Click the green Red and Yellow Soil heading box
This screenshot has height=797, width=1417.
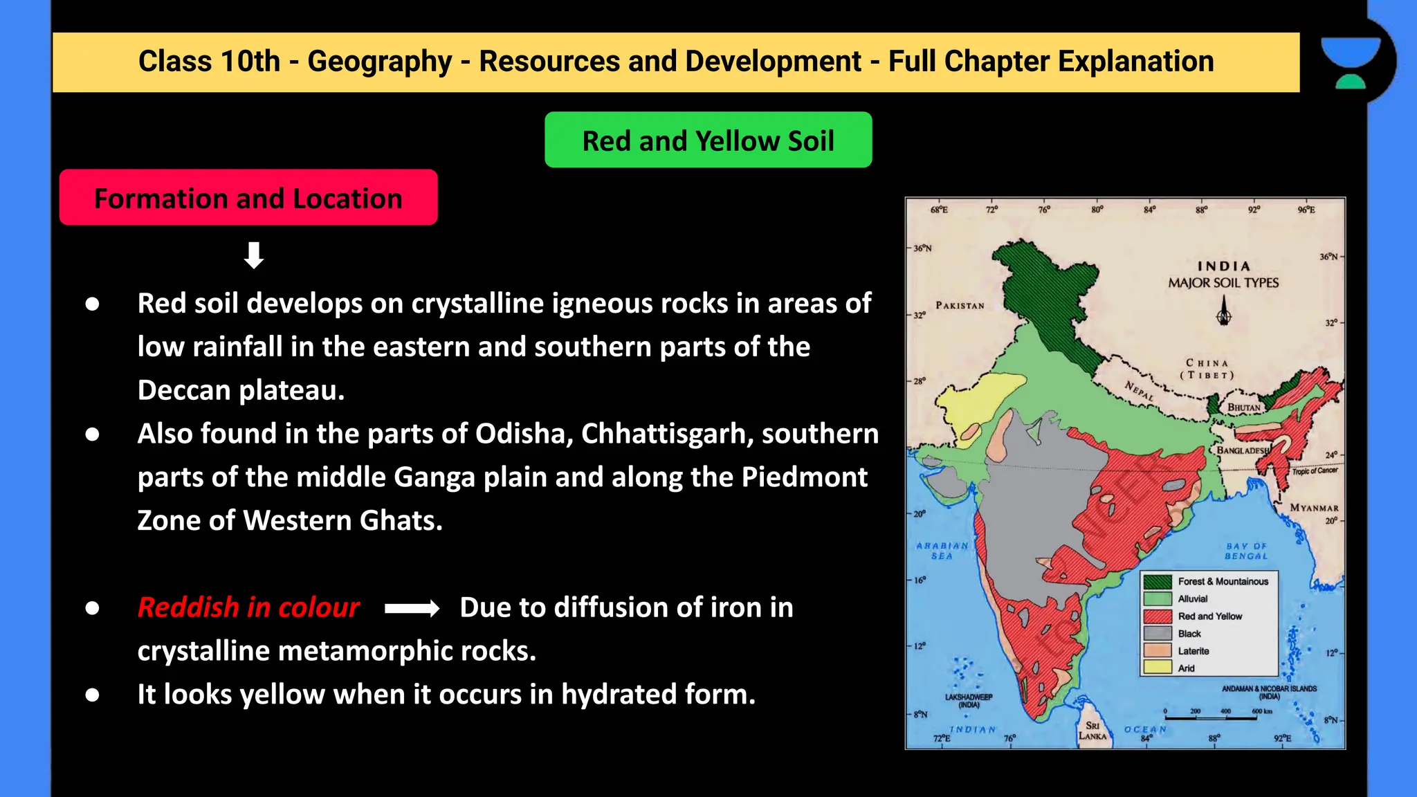tap(708, 140)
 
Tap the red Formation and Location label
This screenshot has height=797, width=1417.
tap(248, 198)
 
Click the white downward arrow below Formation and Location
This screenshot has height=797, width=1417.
tap(254, 255)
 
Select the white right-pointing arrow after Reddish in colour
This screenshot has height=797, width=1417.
tap(412, 608)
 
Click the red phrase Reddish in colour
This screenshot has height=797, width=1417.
tap(248, 607)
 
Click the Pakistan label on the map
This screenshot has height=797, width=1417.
tap(960, 305)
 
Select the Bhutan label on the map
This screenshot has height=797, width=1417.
tap(1244, 407)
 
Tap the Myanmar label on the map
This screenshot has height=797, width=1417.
tap(1314, 508)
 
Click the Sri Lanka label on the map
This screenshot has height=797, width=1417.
tap(1093, 731)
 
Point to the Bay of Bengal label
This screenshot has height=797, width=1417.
tap(1246, 551)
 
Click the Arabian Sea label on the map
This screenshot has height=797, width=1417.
tap(942, 551)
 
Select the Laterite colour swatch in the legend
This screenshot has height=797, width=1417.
tap(1158, 650)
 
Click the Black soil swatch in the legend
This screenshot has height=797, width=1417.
tap(1158, 633)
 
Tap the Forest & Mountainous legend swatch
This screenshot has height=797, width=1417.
tap(1158, 581)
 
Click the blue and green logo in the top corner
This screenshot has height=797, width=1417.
tap(1350, 63)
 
